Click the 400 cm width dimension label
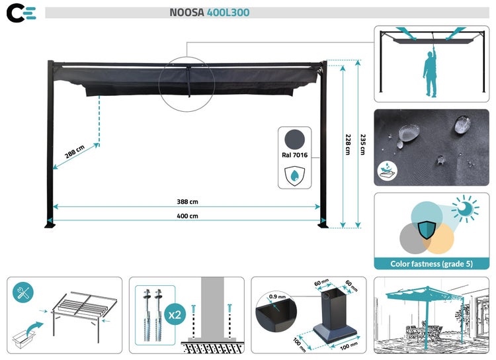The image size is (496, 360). (187, 216)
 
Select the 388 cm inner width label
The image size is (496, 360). (187, 202)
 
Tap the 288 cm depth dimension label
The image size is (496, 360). (75, 152)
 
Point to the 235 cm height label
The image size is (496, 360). (363, 144)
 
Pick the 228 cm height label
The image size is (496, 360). (348, 144)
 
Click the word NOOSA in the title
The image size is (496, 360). (187, 13)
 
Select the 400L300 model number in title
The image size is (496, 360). (228, 13)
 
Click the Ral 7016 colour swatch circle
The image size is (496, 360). (294, 140)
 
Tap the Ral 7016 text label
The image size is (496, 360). (294, 155)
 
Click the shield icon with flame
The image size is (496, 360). (294, 175)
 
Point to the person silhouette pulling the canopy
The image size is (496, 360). (431, 71)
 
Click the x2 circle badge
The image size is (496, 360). (175, 315)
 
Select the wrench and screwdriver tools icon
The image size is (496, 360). (23, 292)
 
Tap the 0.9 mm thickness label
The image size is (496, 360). (277, 296)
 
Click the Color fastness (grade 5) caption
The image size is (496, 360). (431, 264)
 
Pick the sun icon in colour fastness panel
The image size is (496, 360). (466, 208)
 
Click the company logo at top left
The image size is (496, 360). (21, 13)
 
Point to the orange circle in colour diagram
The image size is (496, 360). (438, 238)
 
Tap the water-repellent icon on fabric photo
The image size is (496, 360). (387, 171)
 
